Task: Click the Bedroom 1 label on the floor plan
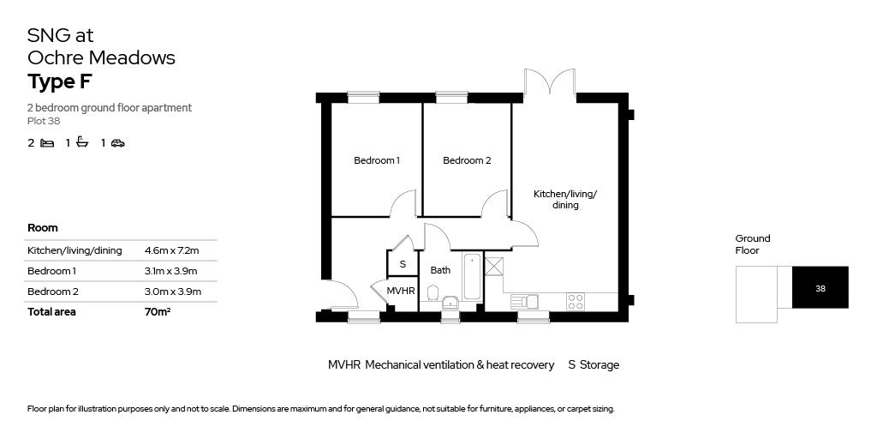377,160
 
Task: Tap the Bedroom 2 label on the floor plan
467,160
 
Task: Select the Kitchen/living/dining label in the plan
565,199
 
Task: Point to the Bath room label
440,270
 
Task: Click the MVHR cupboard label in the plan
401,292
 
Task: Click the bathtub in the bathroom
473,276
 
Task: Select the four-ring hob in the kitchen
576,301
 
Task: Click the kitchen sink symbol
523,301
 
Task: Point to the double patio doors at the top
549,83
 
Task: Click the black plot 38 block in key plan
820,288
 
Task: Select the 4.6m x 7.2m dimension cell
171,250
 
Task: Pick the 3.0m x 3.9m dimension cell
171,292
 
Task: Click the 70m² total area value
158,312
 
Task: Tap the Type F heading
59,82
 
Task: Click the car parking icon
118,143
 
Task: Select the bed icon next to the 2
47,143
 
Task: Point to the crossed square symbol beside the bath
493,265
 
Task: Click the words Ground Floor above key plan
753,244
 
